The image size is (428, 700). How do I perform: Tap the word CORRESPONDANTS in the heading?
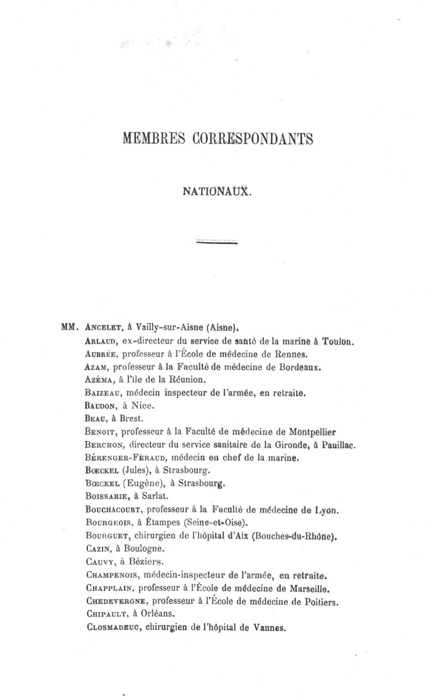pyautogui.click(x=253, y=139)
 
